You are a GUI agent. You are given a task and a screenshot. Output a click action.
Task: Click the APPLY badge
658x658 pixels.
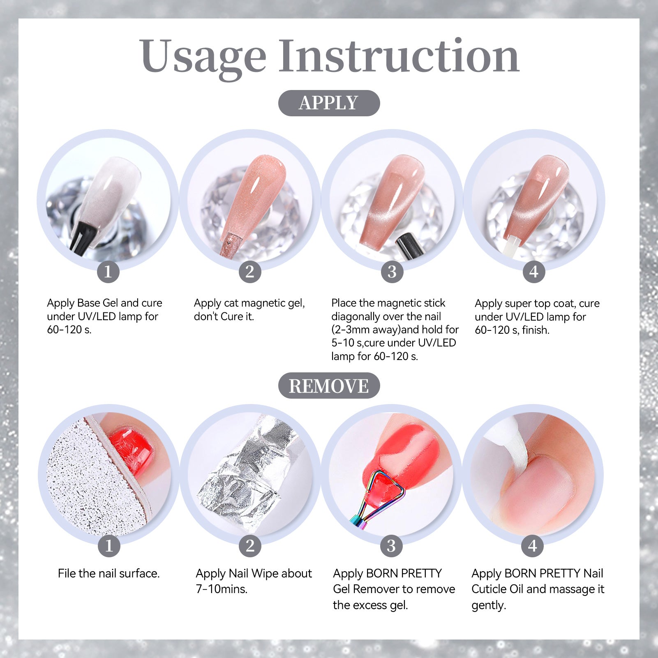329,103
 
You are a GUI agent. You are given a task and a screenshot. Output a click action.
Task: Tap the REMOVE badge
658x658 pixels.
329,386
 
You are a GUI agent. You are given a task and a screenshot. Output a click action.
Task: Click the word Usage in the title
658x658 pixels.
203,58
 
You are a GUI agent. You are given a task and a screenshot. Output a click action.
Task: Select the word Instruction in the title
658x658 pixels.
399,55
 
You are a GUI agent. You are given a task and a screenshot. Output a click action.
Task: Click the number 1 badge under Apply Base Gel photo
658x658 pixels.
108,271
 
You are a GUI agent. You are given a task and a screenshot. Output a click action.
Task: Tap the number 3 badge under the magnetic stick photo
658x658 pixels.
392,271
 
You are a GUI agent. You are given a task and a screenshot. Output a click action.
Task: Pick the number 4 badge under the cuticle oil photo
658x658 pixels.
533,546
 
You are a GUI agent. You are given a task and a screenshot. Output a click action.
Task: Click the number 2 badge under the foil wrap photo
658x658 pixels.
250,546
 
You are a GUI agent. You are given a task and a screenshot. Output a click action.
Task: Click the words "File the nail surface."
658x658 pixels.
109,573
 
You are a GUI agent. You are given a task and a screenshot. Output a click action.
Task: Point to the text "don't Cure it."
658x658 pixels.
224,316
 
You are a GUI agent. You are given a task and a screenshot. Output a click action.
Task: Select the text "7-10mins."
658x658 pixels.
222,589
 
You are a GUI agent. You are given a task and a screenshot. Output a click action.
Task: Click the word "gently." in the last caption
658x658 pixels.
489,605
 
